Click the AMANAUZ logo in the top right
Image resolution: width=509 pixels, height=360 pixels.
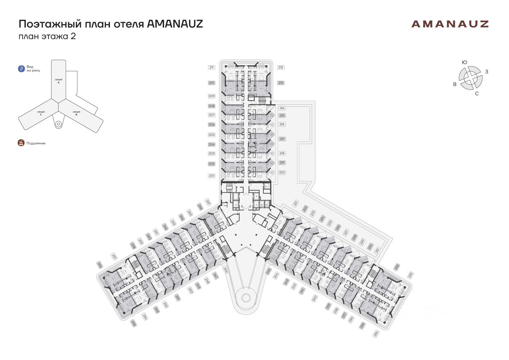coord(450,24)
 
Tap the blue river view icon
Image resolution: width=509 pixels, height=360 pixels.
coord(21,69)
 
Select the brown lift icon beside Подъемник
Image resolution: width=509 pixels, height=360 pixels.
coord(21,143)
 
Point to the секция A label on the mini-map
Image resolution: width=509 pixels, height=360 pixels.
coord(58,80)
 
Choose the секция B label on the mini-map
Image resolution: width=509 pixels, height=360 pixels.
coord(76,113)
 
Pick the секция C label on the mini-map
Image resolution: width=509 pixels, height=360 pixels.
coord(41,113)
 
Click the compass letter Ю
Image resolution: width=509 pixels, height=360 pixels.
coord(464,62)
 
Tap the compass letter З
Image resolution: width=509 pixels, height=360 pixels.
coord(486,72)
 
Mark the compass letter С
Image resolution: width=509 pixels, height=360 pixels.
coord(477,94)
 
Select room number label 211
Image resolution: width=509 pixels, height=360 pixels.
coord(212,67)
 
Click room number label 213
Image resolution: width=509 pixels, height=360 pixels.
coord(281,83)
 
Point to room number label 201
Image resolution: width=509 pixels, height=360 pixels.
coord(212,176)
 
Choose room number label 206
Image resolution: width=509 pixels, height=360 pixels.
coord(212,124)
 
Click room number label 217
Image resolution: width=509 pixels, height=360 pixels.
coord(282,139)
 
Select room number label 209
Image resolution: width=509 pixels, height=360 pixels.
coord(212,96)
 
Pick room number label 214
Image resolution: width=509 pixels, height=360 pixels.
coord(282,108)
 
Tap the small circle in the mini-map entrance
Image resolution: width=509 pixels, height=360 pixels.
coord(58,123)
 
